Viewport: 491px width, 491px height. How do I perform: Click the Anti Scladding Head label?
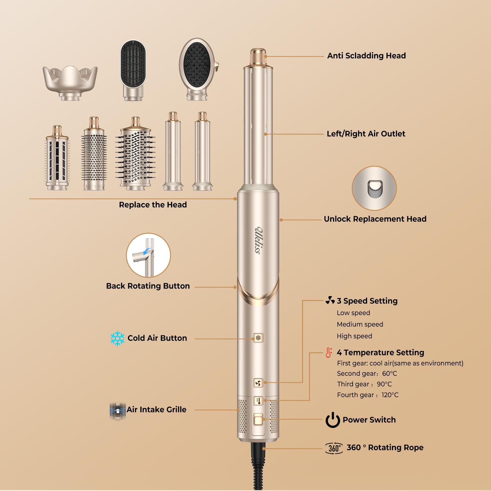point(366,56)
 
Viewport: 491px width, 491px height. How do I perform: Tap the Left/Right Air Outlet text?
point(366,134)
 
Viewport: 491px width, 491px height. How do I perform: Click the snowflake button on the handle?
point(258,338)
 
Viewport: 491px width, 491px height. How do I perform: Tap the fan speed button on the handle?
point(258,383)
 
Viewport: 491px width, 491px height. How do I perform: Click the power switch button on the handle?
point(258,419)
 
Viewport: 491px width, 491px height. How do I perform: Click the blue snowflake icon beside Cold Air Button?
point(117,338)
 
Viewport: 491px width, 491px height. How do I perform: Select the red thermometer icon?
point(328,353)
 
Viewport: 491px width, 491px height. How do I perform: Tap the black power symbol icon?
point(333,420)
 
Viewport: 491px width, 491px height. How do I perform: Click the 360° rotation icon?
point(334,448)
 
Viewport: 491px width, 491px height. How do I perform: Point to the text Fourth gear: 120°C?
point(367,395)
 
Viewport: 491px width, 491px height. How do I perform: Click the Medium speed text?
point(360,324)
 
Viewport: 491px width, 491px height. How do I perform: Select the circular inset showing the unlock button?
point(374,188)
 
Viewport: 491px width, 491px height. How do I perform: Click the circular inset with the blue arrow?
point(148,255)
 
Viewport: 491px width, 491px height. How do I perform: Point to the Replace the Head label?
point(153,205)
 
